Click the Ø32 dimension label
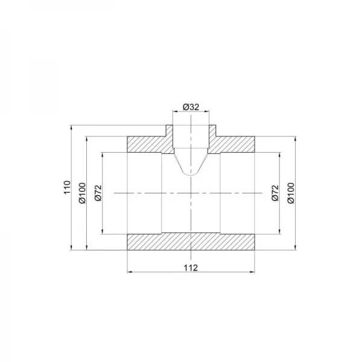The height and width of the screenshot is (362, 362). (x=191, y=107)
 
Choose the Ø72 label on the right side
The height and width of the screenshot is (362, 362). (x=275, y=192)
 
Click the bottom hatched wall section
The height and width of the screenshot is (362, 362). (x=191, y=241)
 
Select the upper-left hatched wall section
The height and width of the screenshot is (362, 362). (x=147, y=144)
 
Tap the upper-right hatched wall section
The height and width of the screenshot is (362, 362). (x=237, y=144)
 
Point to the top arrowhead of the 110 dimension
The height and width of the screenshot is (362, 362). (x=72, y=127)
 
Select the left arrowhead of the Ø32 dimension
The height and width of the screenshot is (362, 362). (x=174, y=112)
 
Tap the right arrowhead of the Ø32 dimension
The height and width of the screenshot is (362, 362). (x=209, y=112)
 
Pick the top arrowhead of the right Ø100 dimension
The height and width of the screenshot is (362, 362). (x=296, y=138)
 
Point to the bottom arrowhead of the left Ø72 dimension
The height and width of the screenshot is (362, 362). (x=104, y=232)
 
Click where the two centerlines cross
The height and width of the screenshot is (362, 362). (x=191, y=192)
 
